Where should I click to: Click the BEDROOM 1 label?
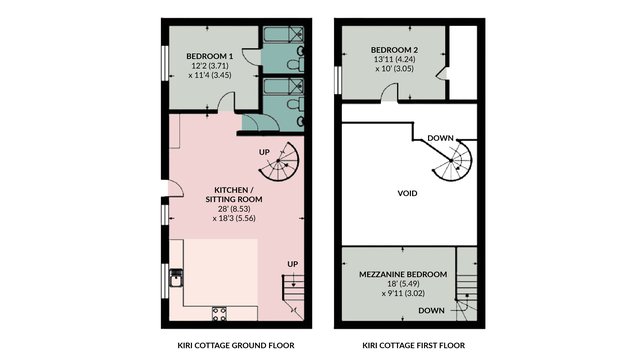[210, 56]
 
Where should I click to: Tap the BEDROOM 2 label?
[394, 50]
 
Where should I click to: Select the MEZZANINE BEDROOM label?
[403, 274]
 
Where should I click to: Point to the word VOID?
[407, 193]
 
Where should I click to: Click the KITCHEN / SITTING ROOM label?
[234, 195]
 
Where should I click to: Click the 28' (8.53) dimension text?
[234, 209]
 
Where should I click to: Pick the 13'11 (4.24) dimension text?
[394, 59]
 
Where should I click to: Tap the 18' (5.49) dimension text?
[403, 284]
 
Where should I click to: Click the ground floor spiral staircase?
[279, 162]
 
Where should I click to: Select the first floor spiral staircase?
[452, 161]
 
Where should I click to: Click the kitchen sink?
[176, 278]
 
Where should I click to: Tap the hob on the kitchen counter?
[219, 313]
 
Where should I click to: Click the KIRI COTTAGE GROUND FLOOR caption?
[236, 345]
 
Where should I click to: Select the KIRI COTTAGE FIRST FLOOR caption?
[413, 345]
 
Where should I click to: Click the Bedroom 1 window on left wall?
[165, 63]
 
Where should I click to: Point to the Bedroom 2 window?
[338, 80]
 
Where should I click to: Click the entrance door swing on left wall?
[176, 189]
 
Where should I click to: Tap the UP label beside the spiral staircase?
[264, 152]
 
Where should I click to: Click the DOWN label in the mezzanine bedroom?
[431, 311]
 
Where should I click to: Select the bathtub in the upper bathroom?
[283, 35]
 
